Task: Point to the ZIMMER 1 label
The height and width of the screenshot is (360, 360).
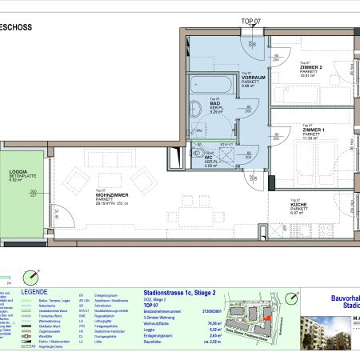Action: click(x=313, y=129)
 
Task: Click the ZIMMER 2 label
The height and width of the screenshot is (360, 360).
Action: click(x=311, y=67)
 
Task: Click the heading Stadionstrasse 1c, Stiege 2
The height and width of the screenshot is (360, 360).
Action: click(x=179, y=294)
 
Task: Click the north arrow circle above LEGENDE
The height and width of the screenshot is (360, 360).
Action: click(x=30, y=277)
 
